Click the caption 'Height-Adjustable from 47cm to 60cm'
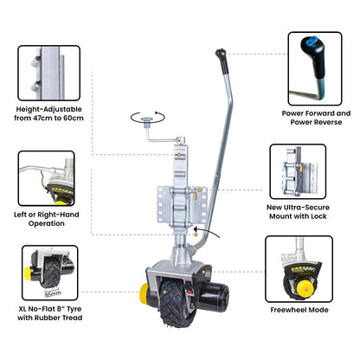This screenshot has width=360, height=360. point(48,115)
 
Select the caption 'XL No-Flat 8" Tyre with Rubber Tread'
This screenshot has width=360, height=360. point(49,314)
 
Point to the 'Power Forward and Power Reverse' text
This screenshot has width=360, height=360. point(318,118)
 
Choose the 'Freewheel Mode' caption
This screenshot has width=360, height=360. point(310,309)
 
